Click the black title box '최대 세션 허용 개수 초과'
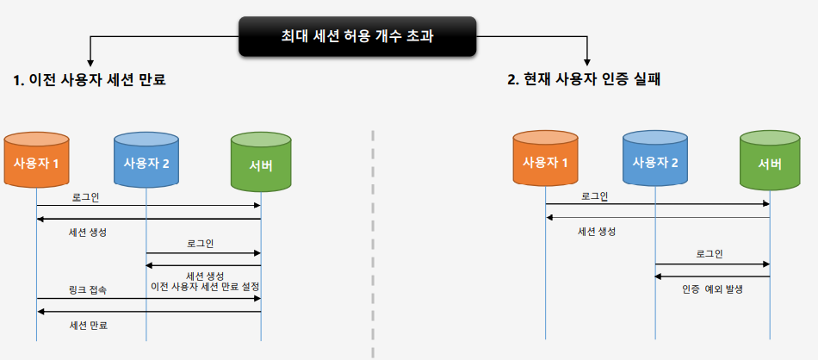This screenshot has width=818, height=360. coord(357,36)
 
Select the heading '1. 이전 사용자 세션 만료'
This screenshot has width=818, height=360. coord(90,80)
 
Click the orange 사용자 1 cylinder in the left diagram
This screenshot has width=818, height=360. coord(36,162)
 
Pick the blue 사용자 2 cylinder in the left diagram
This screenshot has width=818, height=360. coord(146,162)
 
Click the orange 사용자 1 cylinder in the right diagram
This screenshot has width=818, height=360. coord(545,161)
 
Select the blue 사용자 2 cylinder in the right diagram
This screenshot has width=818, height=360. coord(655,161)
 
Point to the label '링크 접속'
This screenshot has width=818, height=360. coord(88,290)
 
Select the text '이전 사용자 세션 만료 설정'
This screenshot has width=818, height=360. coord(205,286)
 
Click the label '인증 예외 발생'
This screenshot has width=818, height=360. coord(711,289)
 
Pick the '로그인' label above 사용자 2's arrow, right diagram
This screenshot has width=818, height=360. coord(710,253)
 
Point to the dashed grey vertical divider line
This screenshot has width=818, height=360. coord(373,241)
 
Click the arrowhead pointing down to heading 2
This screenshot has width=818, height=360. coord(587,62)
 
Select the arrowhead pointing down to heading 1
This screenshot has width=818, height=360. coord(90,62)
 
